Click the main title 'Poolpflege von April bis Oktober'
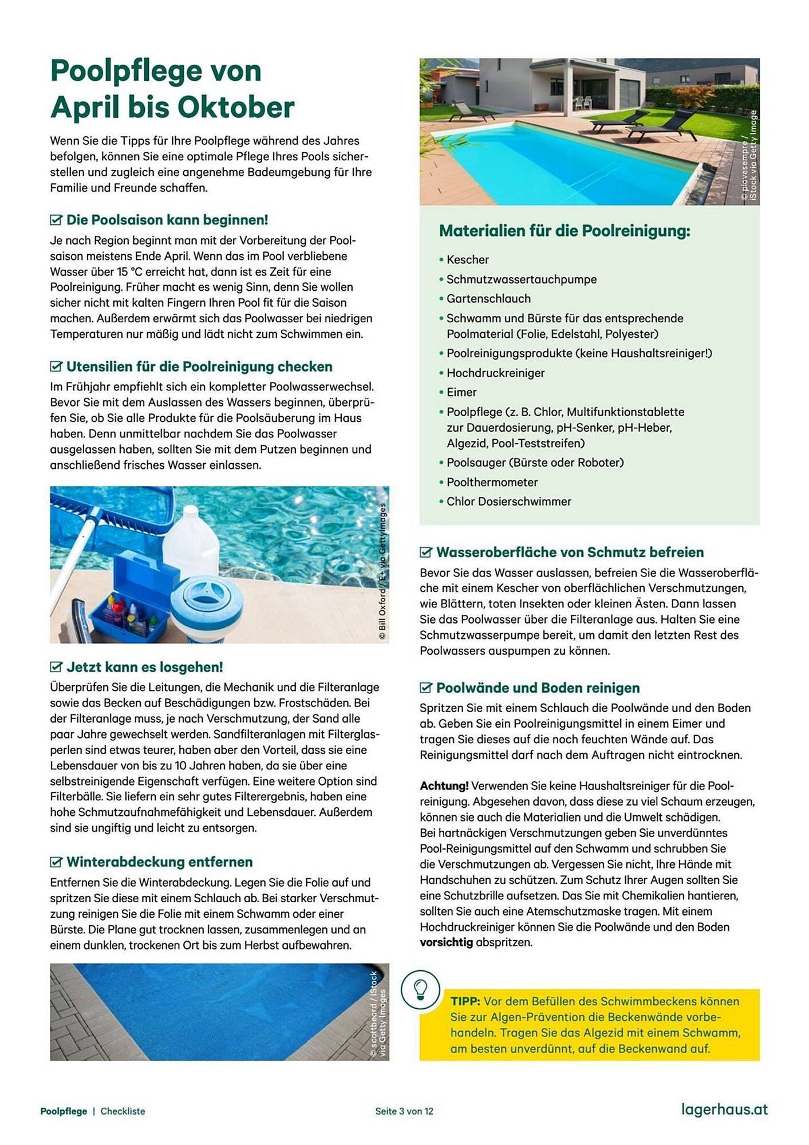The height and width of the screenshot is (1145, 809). pos(172,89)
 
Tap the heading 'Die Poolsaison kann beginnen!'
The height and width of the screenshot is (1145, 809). pos(167,220)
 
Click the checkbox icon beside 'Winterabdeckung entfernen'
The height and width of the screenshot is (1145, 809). pos(56,862)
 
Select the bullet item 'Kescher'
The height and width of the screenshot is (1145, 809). pos(467,260)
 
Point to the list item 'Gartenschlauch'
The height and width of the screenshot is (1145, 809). pos(488,299)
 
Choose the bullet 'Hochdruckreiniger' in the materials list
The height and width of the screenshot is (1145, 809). pos(495,373)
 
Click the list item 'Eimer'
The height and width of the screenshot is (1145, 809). pos(461,393)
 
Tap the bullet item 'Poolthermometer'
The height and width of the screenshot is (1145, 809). pos(492,483)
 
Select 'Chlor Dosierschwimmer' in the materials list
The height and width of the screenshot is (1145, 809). pos(508,502)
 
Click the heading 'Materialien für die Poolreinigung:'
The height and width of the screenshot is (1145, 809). pos(565,231)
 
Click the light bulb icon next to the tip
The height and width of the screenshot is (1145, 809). pos(420,989)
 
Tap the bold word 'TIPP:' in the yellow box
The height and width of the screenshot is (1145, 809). pos(465,1002)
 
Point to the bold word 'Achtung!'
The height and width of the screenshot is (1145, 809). pos(444,786)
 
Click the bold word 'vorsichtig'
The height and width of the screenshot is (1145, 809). pos(446,942)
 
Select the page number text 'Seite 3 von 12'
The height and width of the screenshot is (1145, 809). pos(404,1111)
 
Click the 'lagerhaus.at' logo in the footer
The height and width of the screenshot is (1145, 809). pos(724,1110)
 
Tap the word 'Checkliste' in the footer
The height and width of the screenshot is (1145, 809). pos(123,1111)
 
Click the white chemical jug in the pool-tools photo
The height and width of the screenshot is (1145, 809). pos(191,540)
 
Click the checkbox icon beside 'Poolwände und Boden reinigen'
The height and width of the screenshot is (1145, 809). pos(426,688)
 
